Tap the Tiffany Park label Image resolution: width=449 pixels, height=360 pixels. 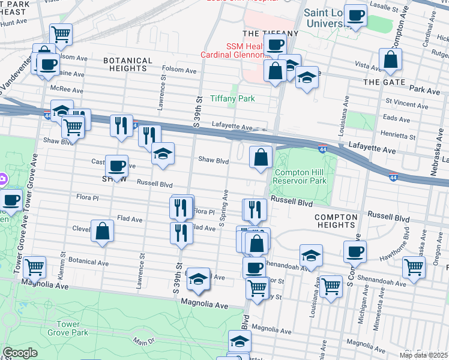click(x=232, y=98)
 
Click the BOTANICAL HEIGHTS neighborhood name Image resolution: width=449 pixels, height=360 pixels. click(x=128, y=65)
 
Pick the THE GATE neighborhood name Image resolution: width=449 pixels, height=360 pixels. click(x=384, y=82)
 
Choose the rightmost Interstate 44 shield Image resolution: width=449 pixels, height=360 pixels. click(x=393, y=177)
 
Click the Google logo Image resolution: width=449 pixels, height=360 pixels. click(x=20, y=353)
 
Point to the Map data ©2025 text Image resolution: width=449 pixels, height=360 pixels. click(x=423, y=355)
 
